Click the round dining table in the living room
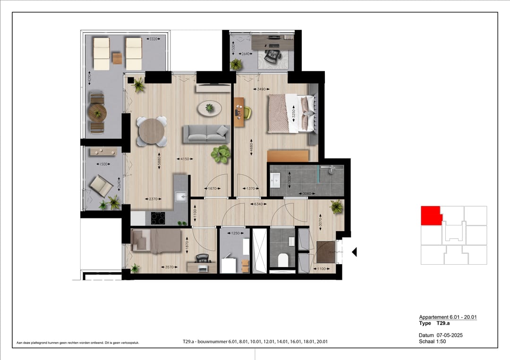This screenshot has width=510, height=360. coord(152,131)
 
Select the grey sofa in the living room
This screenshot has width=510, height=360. coord(206,134)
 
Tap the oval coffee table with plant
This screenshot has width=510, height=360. coord(209,108)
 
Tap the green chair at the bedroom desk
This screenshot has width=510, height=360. coord(247,112)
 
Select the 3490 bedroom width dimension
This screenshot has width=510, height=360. coord(260,89)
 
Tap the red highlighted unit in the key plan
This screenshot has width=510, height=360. coord(431,216)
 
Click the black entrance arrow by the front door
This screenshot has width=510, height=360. coord(354,252)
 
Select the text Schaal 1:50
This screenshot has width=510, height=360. coord(432,341)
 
